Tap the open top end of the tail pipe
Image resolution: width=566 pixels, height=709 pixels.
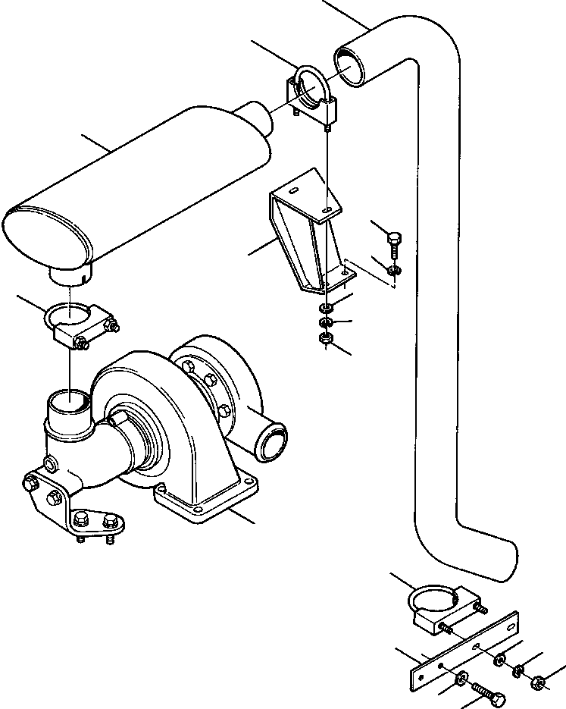click(349, 62)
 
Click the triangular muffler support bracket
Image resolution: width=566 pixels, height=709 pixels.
click(303, 235)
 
